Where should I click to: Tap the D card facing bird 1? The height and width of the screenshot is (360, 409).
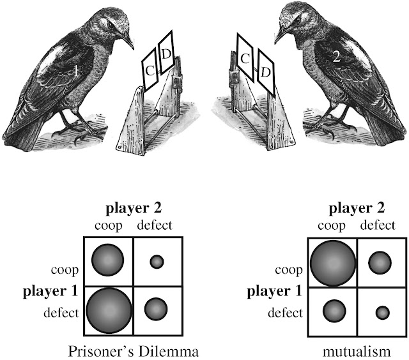point(166,52)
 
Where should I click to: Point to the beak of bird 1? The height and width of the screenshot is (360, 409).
point(128,41)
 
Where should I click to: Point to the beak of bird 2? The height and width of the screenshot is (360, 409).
point(282,35)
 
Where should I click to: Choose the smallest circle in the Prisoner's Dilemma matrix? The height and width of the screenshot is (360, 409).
point(157,261)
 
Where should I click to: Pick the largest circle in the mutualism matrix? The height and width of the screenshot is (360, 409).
point(332,262)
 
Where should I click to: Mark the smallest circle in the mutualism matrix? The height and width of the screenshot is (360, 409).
point(382,312)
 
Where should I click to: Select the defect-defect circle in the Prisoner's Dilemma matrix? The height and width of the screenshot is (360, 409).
point(156,309)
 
